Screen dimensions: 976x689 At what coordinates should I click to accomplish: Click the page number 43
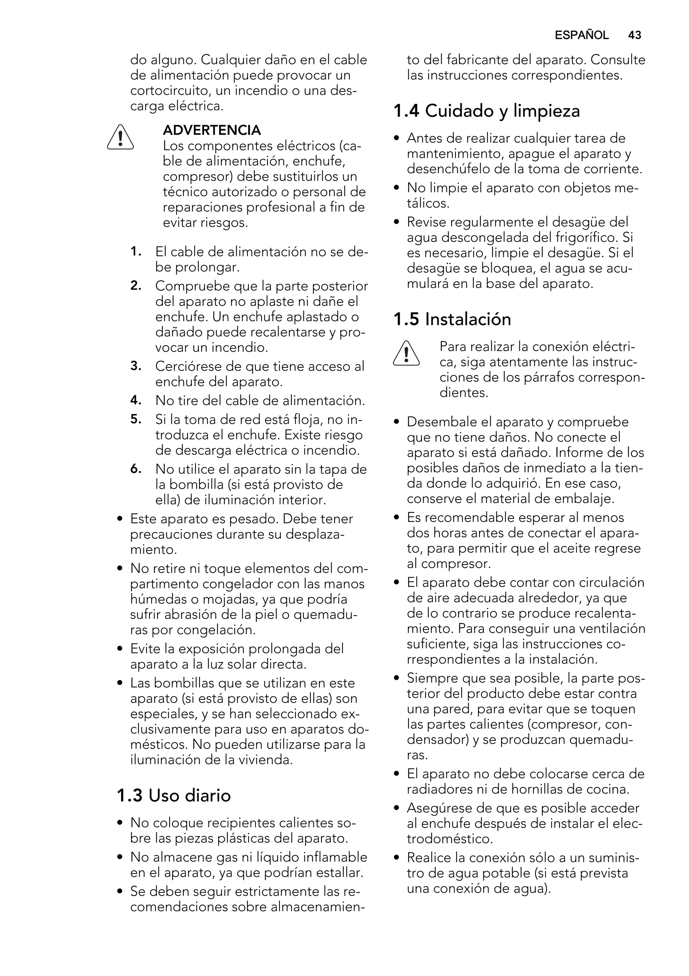(x=634, y=35)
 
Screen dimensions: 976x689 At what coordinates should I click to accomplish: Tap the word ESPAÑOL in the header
(x=581, y=35)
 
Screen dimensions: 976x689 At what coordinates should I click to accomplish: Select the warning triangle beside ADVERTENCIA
(x=120, y=137)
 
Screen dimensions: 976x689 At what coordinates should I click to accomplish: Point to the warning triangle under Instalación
(x=406, y=354)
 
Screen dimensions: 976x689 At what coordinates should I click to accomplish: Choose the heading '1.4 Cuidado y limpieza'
(x=487, y=111)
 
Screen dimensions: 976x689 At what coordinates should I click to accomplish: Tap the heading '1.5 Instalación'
(x=452, y=319)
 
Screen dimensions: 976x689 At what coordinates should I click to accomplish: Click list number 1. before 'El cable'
(x=136, y=251)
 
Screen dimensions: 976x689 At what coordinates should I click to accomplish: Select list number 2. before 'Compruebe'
(x=136, y=286)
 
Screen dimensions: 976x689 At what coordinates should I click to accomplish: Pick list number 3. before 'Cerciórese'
(x=136, y=366)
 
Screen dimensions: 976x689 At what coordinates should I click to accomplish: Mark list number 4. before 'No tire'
(x=136, y=400)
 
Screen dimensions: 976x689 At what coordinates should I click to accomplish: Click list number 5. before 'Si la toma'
(x=136, y=419)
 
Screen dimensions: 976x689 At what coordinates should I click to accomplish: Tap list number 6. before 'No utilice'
(x=136, y=469)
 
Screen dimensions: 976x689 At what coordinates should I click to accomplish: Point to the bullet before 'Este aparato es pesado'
(x=120, y=519)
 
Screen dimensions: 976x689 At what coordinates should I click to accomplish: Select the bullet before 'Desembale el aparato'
(x=397, y=422)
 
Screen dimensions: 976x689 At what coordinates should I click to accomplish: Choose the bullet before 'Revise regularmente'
(x=397, y=222)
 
